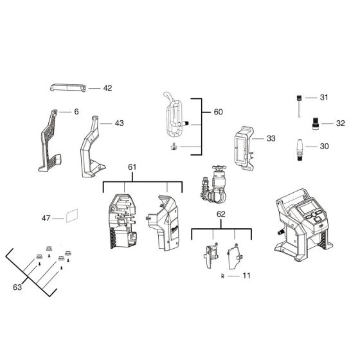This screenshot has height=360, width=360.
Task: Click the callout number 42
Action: pos(107,88)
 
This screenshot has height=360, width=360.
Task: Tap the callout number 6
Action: pos(76,111)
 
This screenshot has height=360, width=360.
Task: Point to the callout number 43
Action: pos(120,122)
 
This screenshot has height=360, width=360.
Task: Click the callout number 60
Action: pos(218,112)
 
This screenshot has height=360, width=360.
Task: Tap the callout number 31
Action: pos(324,97)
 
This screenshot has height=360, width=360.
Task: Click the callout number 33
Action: pos(270,138)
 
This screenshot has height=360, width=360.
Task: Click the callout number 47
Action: pos(46,219)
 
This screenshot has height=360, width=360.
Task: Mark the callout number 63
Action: pos(17,287)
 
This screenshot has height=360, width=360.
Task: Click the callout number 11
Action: pos(246,275)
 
